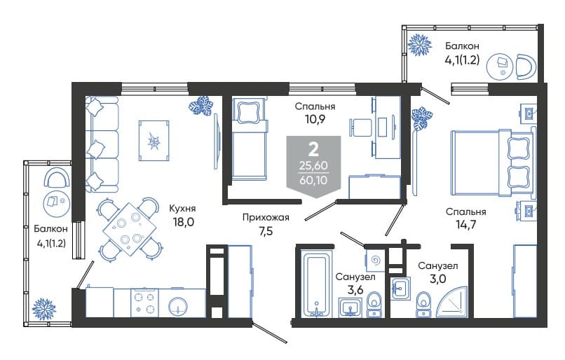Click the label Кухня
pyautogui.click(x=182, y=209)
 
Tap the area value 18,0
pyautogui.click(x=184, y=222)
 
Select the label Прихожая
pyautogui.click(x=266, y=217)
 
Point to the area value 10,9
pyautogui.click(x=315, y=119)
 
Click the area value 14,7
pyautogui.click(x=466, y=225)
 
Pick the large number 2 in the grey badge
pyautogui.click(x=314, y=149)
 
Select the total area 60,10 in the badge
pyautogui.click(x=313, y=179)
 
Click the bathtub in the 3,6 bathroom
pyautogui.click(x=316, y=286)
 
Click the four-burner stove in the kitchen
pyautogui.click(x=144, y=303)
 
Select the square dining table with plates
pyautogui.click(x=130, y=229)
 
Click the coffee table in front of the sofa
pyautogui.click(x=154, y=140)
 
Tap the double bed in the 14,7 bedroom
pyautogui.click(x=492, y=162)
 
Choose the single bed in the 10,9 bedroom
pyautogui.click(x=250, y=139)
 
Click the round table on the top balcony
pyautogui.click(x=499, y=67)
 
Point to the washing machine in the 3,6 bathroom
pyautogui.click(x=375, y=260)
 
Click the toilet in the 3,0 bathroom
pyautogui.click(x=423, y=305)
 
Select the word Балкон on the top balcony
pyautogui.click(x=462, y=46)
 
